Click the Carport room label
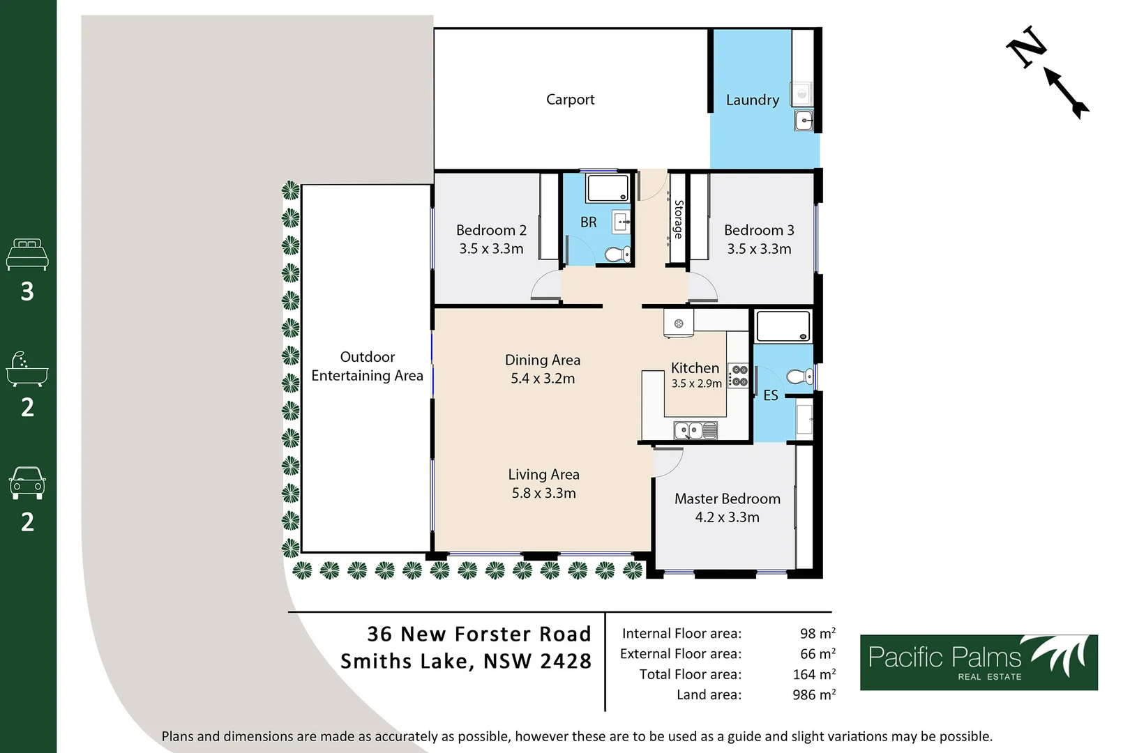[570, 100]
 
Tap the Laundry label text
[752, 100]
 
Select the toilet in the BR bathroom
[617, 254]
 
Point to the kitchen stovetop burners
[738, 376]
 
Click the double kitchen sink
[695, 431]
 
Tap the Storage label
[678, 219]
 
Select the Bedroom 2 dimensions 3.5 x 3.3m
[491, 249]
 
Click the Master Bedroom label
[727, 499]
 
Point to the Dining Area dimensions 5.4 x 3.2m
[543, 379]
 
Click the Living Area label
[543, 475]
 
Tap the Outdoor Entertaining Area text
[367, 366]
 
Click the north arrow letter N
[1027, 47]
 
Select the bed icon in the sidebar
[27, 254]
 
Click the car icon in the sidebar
[27, 482]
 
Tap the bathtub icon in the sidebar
[27, 369]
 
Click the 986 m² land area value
[813, 695]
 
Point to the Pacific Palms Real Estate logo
[978, 662]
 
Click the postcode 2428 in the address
[565, 661]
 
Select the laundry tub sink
[804, 121]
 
